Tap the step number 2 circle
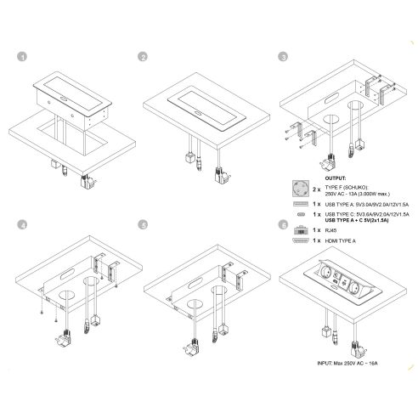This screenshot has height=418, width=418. click(144, 57)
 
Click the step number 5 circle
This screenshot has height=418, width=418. click(144, 226)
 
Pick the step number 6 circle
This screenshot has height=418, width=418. click(281, 226)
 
